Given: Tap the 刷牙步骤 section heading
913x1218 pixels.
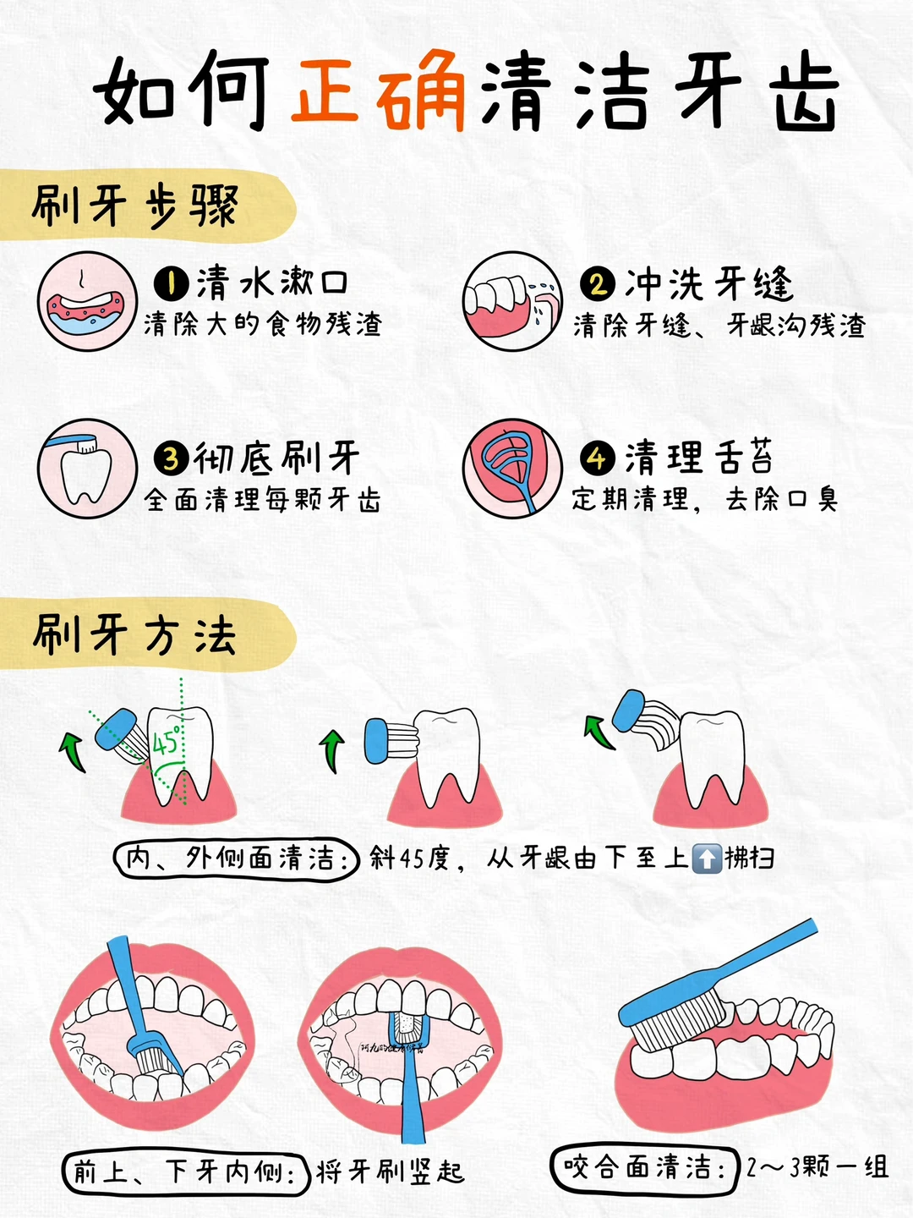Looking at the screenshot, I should [135, 206].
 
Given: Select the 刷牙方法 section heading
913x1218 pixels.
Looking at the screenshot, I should [135, 634].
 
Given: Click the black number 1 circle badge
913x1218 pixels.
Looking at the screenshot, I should [171, 283].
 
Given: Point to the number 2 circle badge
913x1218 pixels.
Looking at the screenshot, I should [598, 283].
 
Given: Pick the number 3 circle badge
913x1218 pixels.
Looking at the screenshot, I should [171, 458].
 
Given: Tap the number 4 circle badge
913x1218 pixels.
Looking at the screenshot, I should [598, 458].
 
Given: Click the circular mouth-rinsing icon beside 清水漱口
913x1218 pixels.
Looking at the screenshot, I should [87, 301].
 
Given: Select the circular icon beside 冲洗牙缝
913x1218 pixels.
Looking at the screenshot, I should [512, 301].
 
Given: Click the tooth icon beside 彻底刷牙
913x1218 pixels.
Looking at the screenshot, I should [87, 468].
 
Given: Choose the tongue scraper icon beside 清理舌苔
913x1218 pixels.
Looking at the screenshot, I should [512, 468].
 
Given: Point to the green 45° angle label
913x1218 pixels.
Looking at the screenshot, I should [166, 741].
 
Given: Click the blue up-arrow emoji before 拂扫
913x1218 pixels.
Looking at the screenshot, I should [706, 859].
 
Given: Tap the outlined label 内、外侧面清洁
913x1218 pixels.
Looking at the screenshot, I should [237, 859].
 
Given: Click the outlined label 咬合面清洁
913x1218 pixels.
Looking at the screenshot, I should [644, 1168].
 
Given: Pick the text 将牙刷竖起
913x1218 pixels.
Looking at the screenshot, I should [390, 1172].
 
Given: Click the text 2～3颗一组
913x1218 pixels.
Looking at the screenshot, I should [817, 1168].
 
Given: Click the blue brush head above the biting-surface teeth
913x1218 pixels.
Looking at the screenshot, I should [681, 1018].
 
